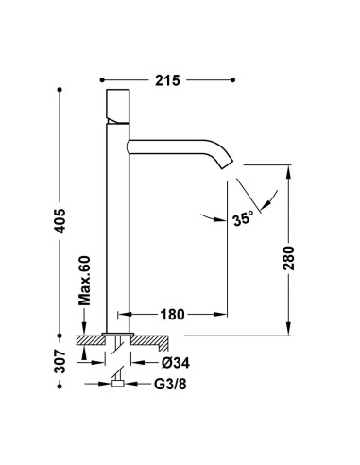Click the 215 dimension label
tap(167, 80)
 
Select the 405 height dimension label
tap(60, 220)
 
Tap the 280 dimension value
tap(288, 258)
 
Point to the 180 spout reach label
tap(172, 314)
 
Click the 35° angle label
tap(243, 218)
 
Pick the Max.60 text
tap(84, 281)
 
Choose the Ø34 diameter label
tap(176, 363)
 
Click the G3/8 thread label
tap(170, 384)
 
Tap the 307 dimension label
tap(60, 361)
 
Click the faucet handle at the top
tap(118, 106)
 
